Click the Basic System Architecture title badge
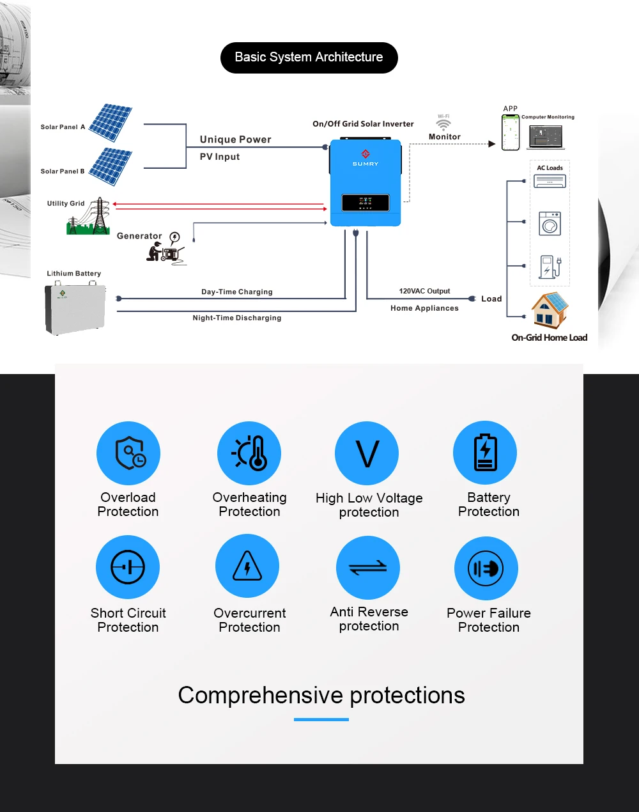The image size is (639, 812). click(309, 58)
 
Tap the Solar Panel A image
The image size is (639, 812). click(111, 123)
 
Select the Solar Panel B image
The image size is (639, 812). click(111, 166)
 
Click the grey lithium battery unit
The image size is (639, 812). click(75, 309)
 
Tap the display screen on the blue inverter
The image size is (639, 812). click(366, 203)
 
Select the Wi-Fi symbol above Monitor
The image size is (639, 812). click(443, 123)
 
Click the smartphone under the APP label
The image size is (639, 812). click(511, 132)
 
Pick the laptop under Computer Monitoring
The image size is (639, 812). click(546, 136)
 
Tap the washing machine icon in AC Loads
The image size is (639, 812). click(550, 224)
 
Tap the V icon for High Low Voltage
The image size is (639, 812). click(367, 453)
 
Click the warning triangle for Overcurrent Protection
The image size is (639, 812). click(247, 566)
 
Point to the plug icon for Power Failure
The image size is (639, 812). click(486, 568)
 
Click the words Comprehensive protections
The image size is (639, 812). click(321, 695)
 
